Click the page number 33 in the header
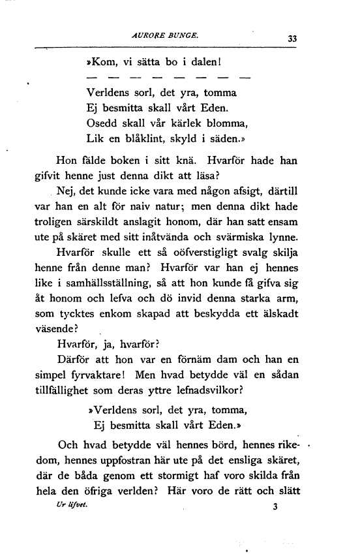tap(292, 39)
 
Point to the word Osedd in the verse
tap(102, 122)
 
